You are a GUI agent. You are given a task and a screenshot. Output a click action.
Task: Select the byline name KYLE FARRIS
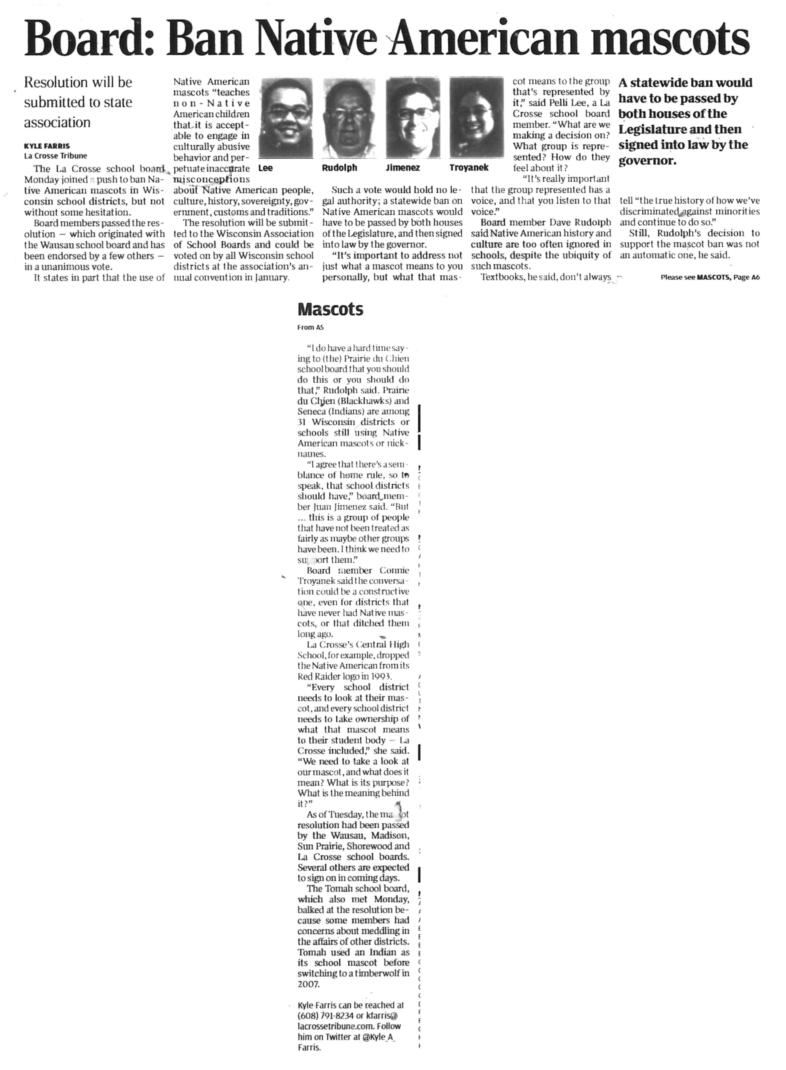pos(47,146)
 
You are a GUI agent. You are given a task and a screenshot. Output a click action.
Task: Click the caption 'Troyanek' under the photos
pos(469,168)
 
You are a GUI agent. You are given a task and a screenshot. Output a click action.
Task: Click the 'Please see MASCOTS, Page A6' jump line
pos(710,278)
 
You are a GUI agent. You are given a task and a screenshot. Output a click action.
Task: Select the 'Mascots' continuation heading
pos(330,310)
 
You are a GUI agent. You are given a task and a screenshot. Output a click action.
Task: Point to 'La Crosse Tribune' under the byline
pos(56,155)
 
